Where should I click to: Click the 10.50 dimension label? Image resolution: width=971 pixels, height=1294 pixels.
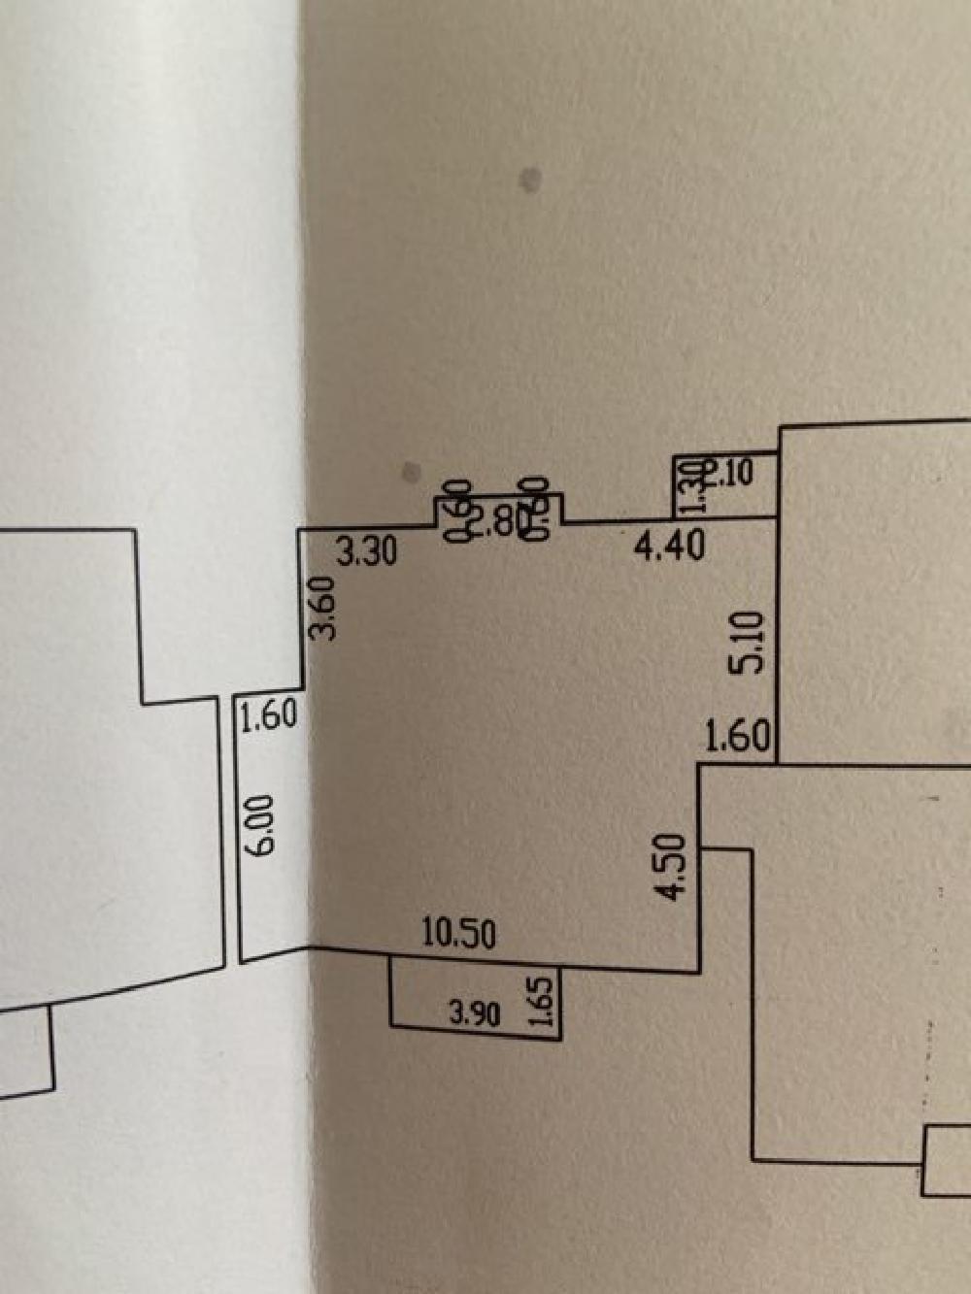click(x=459, y=934)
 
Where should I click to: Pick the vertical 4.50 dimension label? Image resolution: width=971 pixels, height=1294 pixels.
click(x=673, y=867)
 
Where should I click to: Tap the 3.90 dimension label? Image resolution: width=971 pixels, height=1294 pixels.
click(x=475, y=1014)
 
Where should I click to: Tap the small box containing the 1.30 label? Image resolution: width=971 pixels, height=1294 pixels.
click(x=723, y=485)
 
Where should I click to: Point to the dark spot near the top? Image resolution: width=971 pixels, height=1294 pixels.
click(x=530, y=179)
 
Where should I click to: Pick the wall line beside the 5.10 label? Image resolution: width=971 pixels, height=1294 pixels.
click(x=778, y=641)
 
